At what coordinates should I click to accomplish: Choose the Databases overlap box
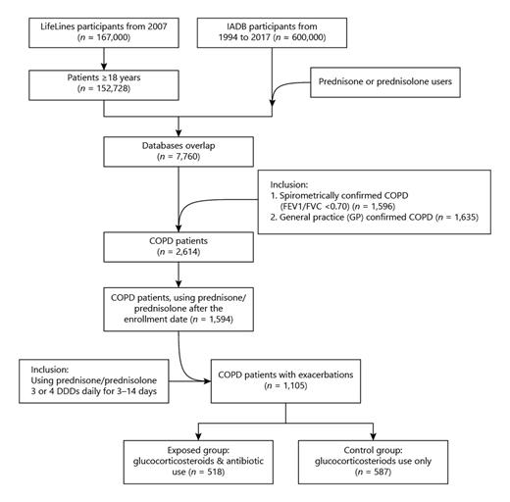(178, 150)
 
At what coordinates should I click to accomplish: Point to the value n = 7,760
(178, 157)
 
